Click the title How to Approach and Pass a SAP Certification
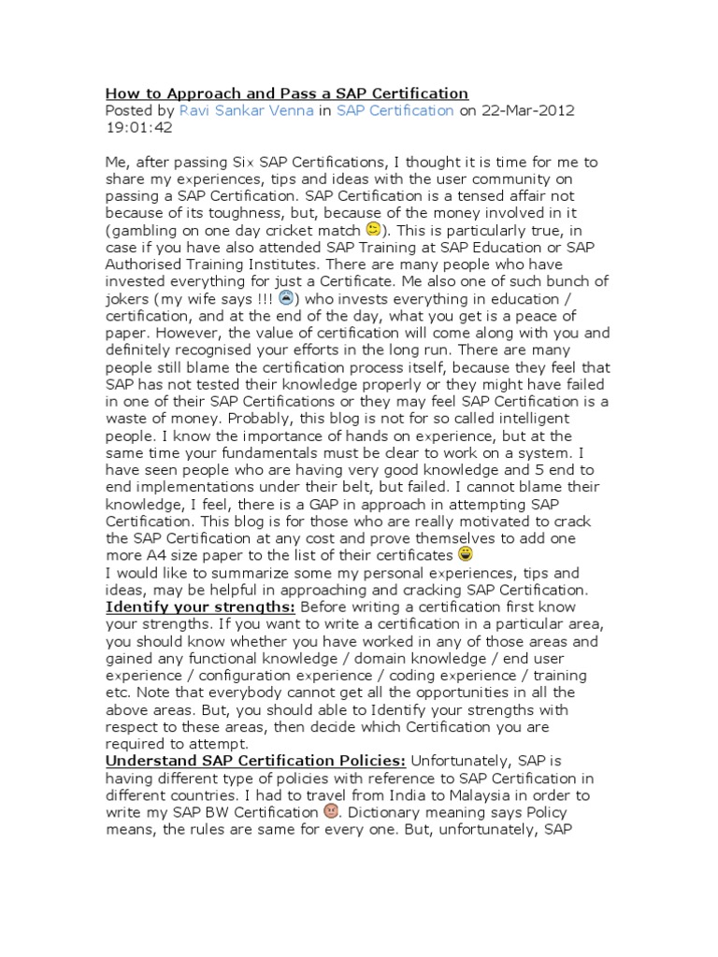click(286, 93)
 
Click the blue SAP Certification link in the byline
click(395, 110)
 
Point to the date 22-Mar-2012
click(527, 110)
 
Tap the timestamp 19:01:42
click(139, 128)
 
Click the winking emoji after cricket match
click(373, 229)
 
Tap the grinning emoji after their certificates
click(492, 555)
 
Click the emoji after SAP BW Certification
click(330, 812)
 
